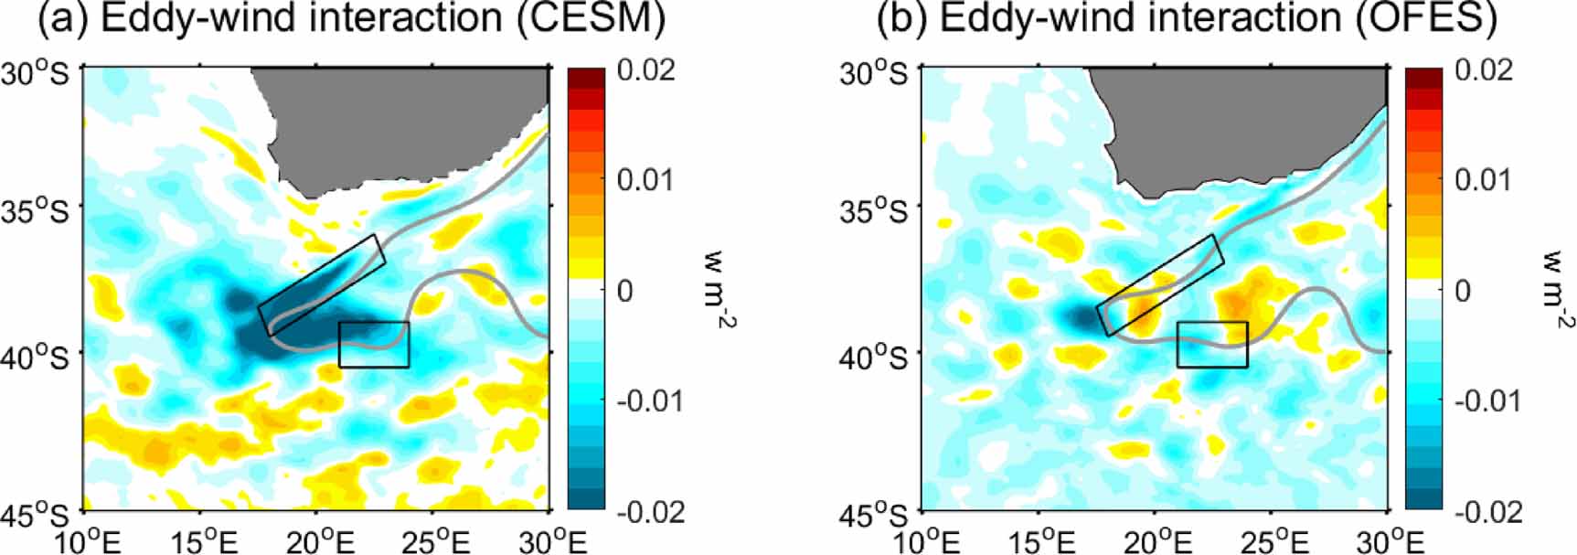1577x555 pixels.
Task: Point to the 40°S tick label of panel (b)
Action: pyautogui.click(x=874, y=355)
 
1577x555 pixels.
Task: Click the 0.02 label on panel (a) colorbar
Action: pyautogui.click(x=645, y=69)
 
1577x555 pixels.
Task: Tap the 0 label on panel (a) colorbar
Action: pyautogui.click(x=625, y=291)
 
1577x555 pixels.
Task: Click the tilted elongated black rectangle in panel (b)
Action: pyautogui.click(x=1159, y=285)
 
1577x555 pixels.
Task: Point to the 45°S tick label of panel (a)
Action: pyautogui.click(x=36, y=514)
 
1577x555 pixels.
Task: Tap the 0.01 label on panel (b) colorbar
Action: pyautogui.click(x=1482, y=179)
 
